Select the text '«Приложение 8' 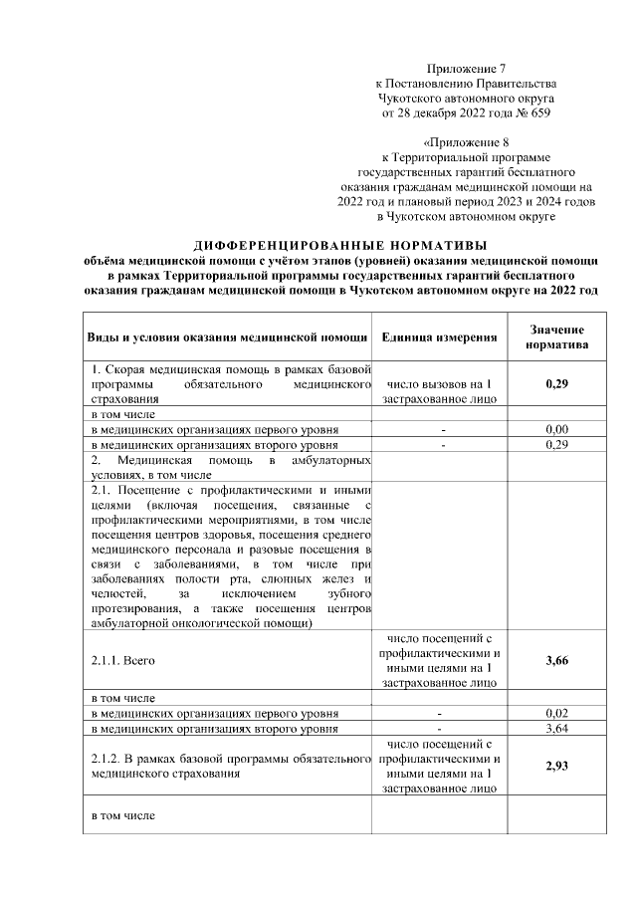coord(466,142)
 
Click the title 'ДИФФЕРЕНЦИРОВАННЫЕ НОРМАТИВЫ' coord(340,245)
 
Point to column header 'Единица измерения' coord(439,337)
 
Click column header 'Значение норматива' coord(556,337)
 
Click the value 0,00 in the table coord(556,429)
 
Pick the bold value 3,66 coord(556,659)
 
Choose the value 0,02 coord(556,714)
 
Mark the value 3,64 coord(556,729)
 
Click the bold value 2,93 coord(556,766)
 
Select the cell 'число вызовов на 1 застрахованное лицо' coord(439,391)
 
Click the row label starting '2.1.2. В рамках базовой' coord(224,766)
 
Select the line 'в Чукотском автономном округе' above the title coord(466,216)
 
